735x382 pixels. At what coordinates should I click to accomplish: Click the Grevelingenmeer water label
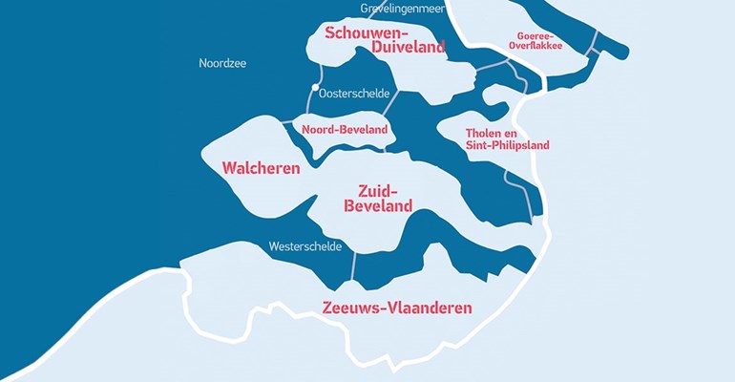[x=404, y=9]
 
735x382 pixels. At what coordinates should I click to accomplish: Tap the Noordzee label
[x=222, y=63]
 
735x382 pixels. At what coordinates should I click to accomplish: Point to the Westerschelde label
[x=305, y=245]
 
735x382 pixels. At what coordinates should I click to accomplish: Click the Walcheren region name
[x=261, y=168]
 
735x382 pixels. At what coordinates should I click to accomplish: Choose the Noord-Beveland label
[x=344, y=129]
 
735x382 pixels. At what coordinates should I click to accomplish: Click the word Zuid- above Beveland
[x=378, y=189]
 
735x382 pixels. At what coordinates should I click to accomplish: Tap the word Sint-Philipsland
[x=507, y=145]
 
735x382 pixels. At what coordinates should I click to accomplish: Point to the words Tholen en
[x=494, y=132]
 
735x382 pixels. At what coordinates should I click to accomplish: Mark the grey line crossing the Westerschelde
[x=353, y=265]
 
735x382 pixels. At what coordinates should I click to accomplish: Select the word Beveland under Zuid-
[x=378, y=205]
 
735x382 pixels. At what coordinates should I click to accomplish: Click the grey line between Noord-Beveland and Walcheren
[x=286, y=121]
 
